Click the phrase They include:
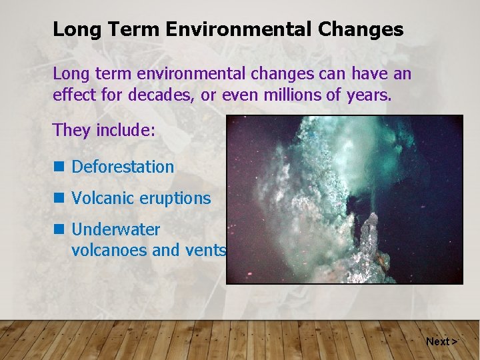point(103,129)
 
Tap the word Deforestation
point(123,167)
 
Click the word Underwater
point(116,229)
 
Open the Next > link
point(441,341)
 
